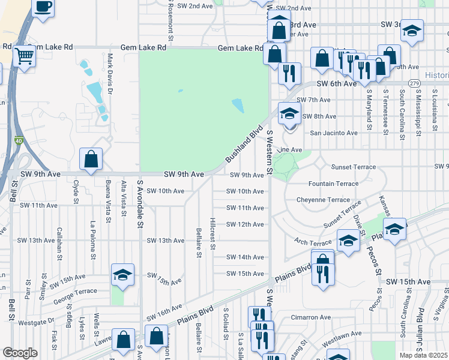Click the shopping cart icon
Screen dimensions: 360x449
click(25, 57)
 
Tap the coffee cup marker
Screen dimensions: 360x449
click(43, 7)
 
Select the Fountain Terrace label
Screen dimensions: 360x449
click(333, 184)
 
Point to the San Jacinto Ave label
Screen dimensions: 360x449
click(333, 133)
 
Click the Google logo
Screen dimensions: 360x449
click(20, 353)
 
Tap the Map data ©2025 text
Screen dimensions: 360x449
click(423, 355)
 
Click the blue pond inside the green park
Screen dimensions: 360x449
click(237, 106)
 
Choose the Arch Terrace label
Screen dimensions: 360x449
click(313, 241)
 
